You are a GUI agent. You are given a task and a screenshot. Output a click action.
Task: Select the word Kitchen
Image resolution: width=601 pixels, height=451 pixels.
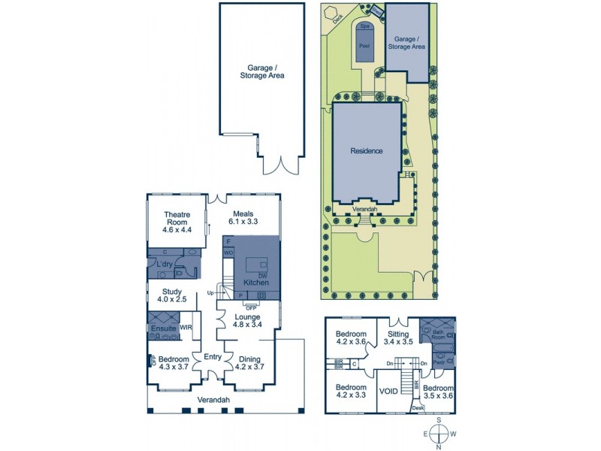(255, 283)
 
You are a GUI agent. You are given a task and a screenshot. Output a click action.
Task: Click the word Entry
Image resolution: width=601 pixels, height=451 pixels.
(212, 356)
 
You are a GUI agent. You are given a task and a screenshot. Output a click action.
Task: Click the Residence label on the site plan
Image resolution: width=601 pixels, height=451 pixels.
(367, 150)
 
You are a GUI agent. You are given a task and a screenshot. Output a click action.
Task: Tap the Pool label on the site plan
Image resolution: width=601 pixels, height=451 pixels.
(364, 46)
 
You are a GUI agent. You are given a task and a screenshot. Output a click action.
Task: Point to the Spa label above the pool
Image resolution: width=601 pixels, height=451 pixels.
(365, 26)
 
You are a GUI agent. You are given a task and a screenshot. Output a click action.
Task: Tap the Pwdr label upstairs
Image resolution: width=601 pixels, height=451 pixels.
(437, 362)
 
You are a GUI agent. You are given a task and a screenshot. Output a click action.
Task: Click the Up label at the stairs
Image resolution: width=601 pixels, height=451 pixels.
(210, 292)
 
